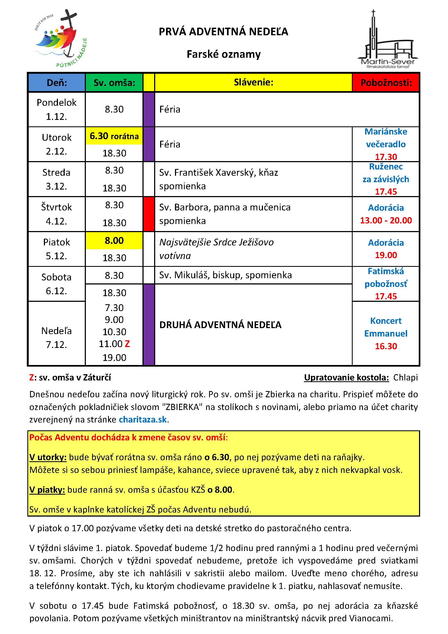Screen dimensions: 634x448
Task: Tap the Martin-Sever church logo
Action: point(388,40)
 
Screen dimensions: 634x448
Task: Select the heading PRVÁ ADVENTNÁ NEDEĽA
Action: point(223,32)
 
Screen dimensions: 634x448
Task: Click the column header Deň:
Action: point(57,82)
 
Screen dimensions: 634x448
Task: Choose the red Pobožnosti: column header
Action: point(386,82)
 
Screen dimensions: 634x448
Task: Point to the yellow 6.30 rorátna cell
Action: point(114,136)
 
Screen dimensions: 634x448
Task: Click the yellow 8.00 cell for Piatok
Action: point(114,241)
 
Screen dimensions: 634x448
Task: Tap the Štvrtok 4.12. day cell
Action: point(57,214)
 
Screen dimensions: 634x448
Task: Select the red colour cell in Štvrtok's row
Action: point(149,214)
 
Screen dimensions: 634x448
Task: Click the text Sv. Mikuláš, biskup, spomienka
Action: point(225,275)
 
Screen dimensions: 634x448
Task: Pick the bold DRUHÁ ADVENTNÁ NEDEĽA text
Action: point(220,325)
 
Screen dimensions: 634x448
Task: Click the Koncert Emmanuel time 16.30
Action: point(386,346)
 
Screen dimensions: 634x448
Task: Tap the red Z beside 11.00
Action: point(127,344)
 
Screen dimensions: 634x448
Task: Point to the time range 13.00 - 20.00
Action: point(386,220)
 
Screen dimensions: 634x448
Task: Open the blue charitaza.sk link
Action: point(143,420)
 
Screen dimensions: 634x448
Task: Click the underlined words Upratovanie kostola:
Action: point(346,377)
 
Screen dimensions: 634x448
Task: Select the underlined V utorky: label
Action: point(48,457)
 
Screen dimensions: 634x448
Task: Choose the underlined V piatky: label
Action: point(47,489)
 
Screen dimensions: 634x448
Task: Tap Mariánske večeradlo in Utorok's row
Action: point(386,138)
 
